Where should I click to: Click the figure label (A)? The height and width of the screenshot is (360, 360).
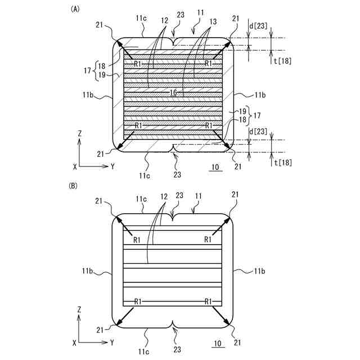click(74, 9)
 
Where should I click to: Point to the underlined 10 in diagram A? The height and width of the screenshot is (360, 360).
click(215, 168)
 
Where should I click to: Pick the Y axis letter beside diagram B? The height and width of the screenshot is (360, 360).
click(112, 342)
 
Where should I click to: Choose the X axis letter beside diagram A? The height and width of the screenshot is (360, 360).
click(75, 167)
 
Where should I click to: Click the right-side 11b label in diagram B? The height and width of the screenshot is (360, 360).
click(260, 271)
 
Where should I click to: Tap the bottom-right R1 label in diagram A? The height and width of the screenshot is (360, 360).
click(209, 125)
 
